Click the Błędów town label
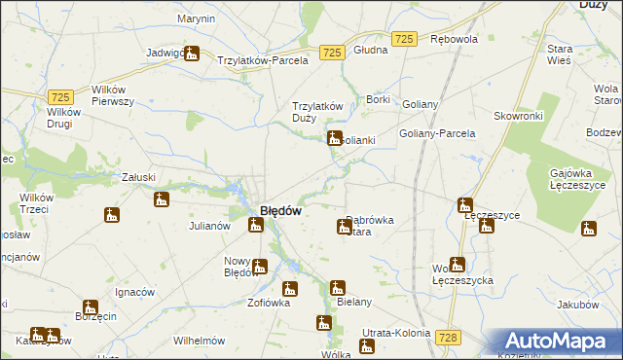point(280,211)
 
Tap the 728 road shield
point(448,336)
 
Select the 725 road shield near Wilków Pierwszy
point(60,97)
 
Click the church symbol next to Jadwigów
point(192,55)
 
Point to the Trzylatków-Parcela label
point(263,59)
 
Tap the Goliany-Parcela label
point(437,133)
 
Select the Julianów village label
point(208,226)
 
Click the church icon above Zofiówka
point(290,288)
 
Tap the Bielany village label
point(354,302)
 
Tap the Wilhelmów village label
point(199,342)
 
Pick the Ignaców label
point(134,292)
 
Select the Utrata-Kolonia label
point(395,333)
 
